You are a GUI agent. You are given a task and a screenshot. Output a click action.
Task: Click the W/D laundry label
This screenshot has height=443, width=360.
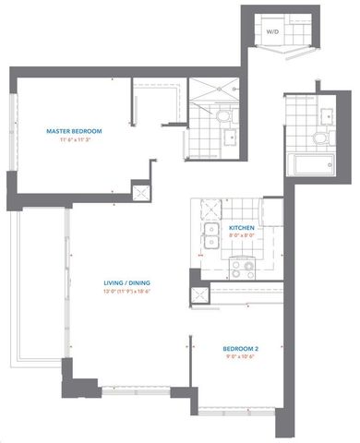point(272,32)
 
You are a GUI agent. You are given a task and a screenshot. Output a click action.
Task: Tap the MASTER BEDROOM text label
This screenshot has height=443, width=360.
point(76,132)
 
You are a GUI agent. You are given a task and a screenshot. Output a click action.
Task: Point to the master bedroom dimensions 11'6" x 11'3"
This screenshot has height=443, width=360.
point(76,142)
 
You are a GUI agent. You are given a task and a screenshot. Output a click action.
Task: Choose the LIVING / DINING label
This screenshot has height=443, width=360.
point(126,282)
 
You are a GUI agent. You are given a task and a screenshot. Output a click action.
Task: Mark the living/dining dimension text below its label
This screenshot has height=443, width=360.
point(126,292)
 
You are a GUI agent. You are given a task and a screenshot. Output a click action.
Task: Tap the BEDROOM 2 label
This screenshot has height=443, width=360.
point(241,348)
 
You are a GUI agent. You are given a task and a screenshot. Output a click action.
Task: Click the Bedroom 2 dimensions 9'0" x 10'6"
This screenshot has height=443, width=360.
point(241,357)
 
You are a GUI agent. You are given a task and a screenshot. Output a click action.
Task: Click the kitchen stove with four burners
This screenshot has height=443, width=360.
point(242,269)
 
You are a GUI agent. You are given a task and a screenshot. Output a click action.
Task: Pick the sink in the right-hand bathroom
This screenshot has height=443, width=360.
point(328,114)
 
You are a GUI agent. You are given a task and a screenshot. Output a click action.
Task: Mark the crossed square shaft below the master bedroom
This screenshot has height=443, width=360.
point(141,193)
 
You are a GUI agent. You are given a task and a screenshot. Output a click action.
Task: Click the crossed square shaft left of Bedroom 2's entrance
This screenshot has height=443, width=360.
point(198,295)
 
